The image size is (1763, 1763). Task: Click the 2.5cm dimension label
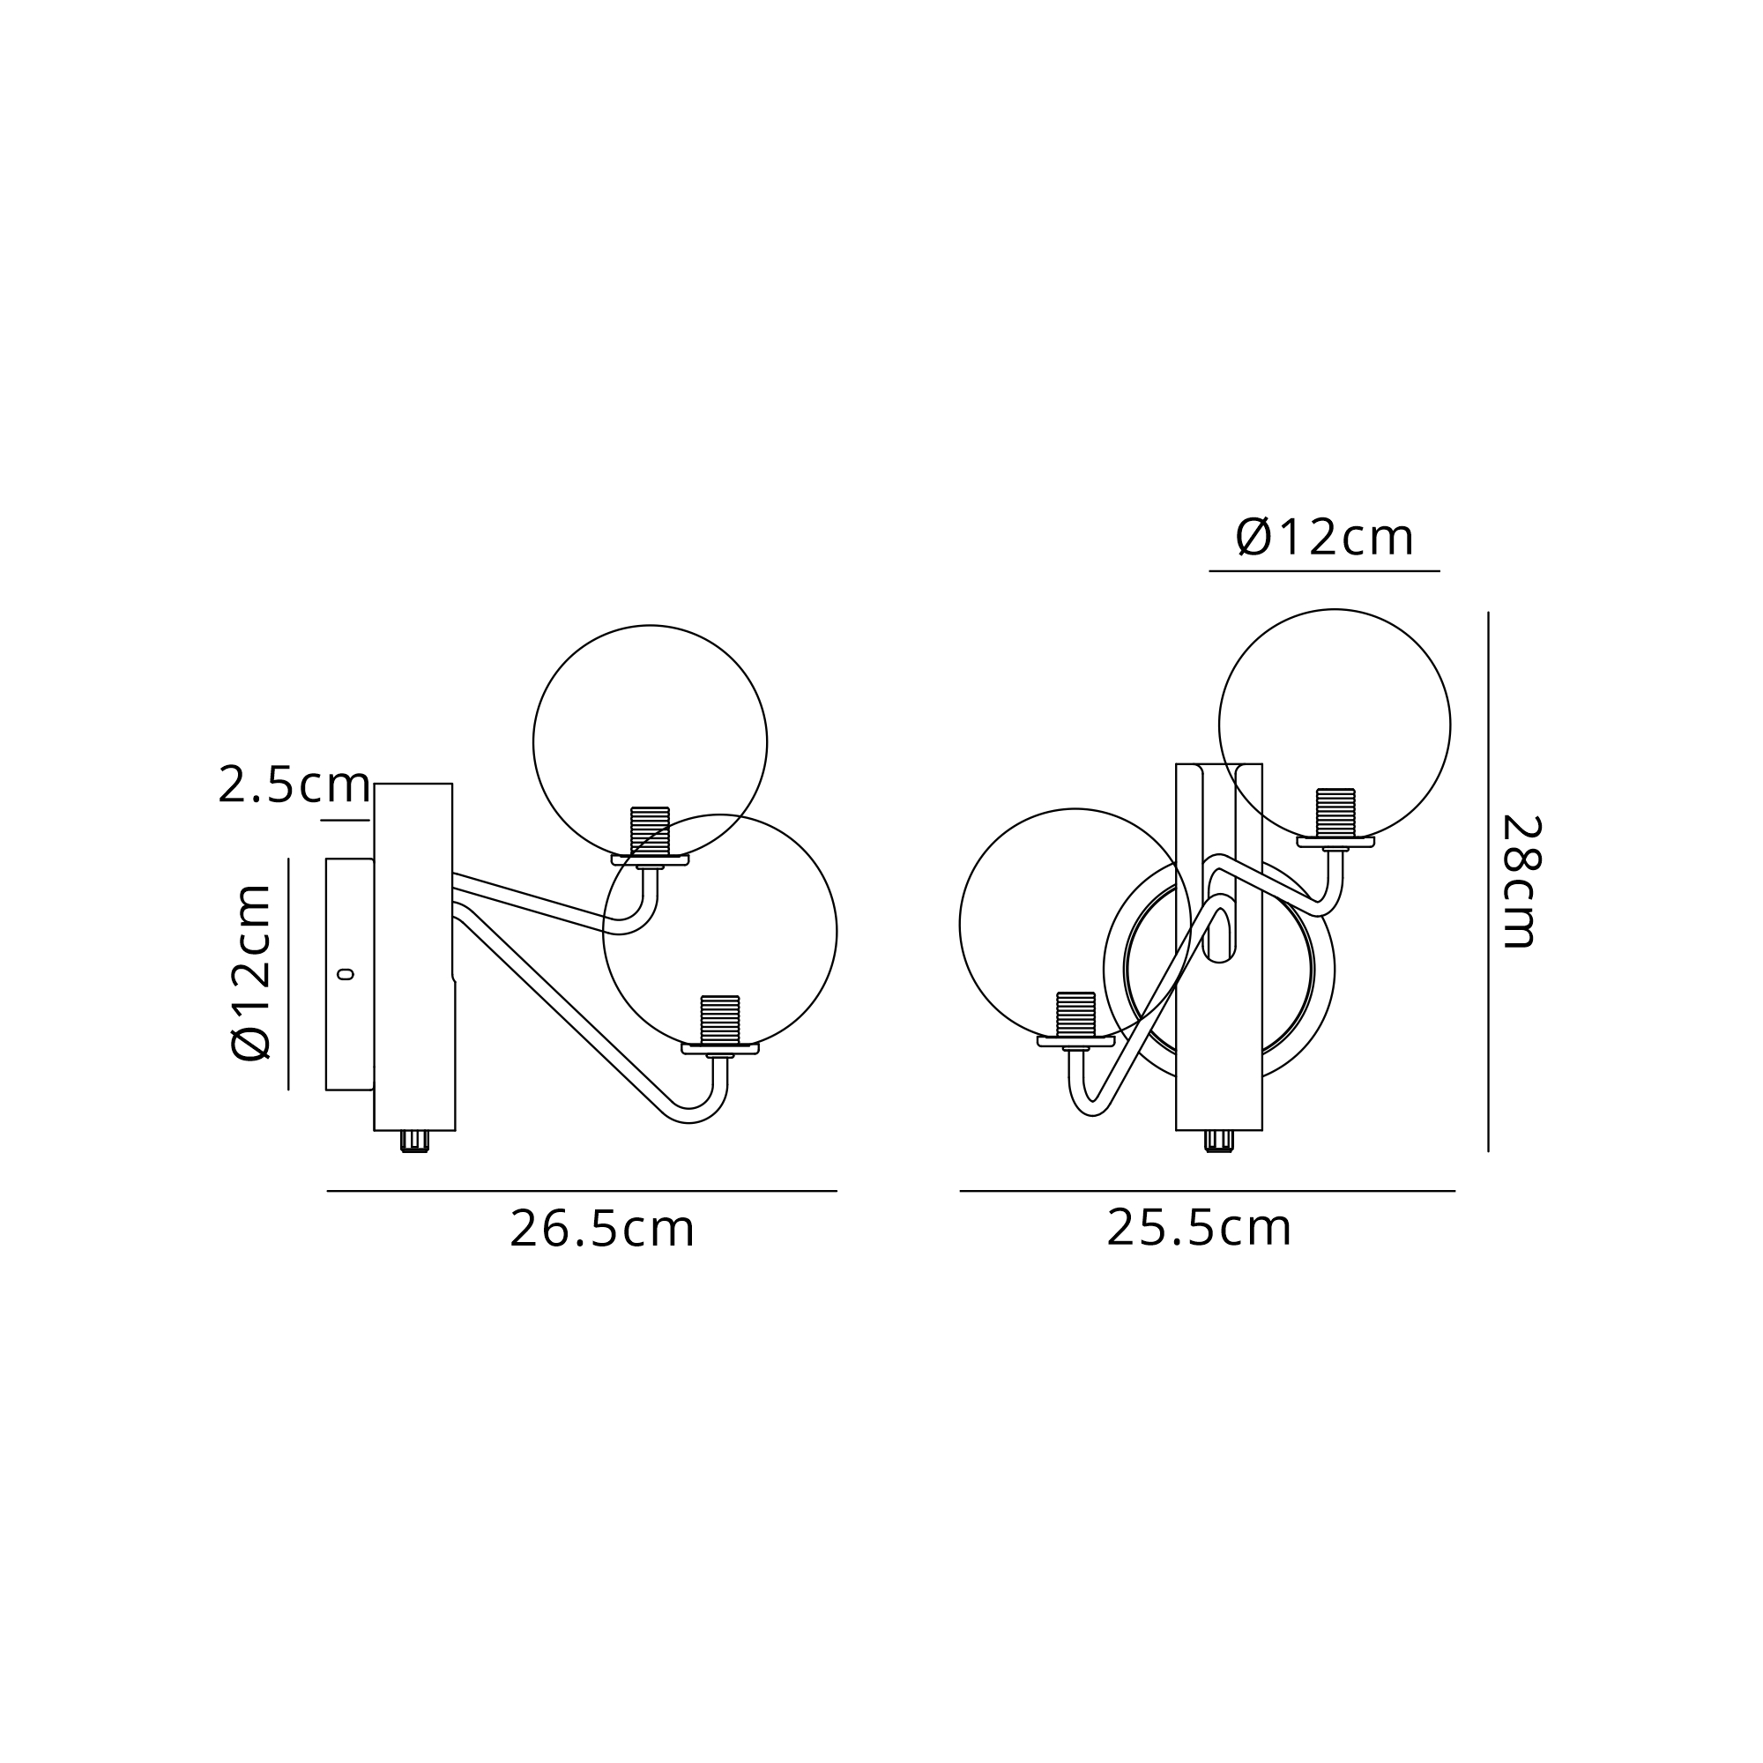pos(294,785)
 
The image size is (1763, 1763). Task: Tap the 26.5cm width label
pos(602,1229)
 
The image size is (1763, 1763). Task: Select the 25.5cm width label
pos(1199,1228)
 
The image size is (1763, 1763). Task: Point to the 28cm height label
pos(1521,882)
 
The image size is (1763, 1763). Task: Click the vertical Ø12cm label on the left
pos(251,973)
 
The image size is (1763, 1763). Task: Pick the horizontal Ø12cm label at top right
pos(1325,538)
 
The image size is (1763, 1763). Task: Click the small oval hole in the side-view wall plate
pos(346,975)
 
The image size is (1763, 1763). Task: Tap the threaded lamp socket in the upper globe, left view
pos(650,831)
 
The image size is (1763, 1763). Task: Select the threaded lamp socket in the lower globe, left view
pos(720,1020)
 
